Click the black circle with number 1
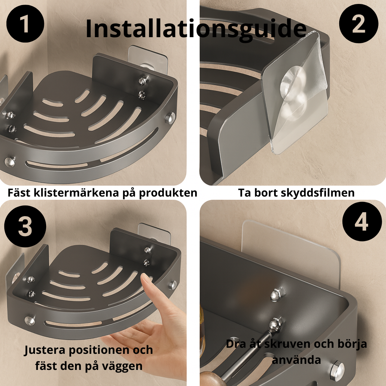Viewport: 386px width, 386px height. click(25, 24)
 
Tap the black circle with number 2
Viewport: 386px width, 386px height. click(358, 24)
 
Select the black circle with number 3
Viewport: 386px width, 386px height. click(25, 226)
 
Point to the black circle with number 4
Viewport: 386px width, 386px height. click(362, 222)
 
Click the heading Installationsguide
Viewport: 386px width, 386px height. click(196, 29)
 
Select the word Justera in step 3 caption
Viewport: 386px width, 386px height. click(45, 350)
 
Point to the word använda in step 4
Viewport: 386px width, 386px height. click(296, 360)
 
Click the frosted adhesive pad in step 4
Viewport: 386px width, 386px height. click(291, 249)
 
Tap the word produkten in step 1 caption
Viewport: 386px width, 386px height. click(168, 193)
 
